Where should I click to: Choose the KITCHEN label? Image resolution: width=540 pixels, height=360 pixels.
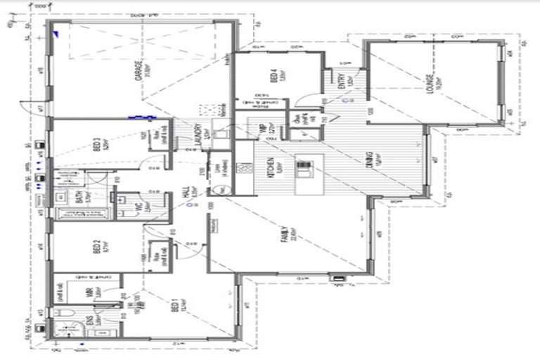[x=271, y=172]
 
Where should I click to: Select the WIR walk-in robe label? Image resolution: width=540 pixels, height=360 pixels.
[x=89, y=295]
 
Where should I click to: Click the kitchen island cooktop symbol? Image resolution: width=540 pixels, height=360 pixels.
[x=304, y=168]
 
